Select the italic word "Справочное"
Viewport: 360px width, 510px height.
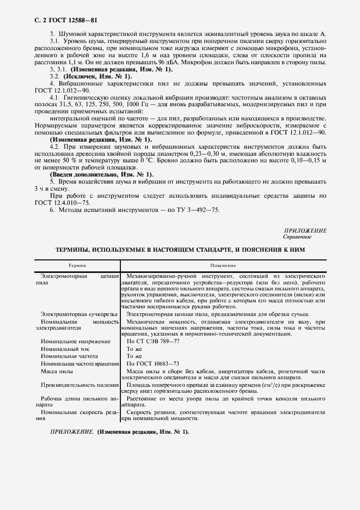click(x=297, y=237)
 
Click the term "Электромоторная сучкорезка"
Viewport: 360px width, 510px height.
click(x=76, y=314)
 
